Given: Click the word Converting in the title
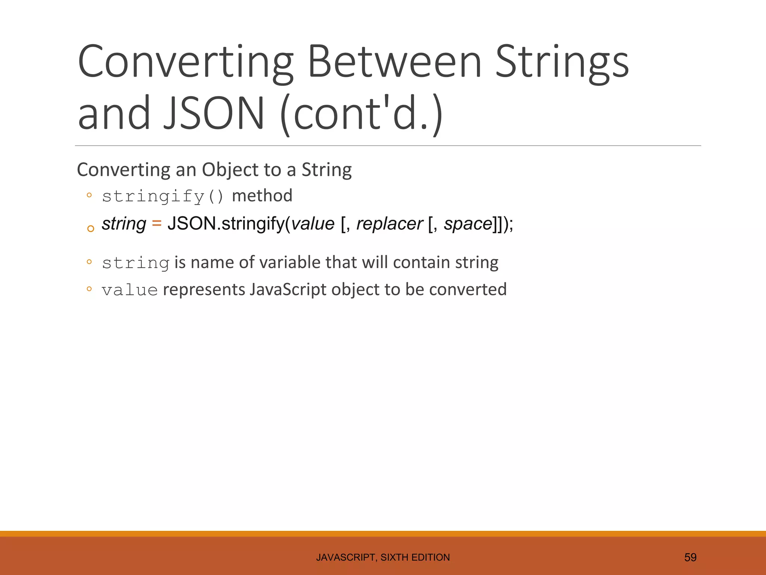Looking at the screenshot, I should pos(185,62).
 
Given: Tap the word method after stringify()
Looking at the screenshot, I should pos(262,196).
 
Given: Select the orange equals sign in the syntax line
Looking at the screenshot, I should pos(157,223).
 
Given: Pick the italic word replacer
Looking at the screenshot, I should pos(389,223).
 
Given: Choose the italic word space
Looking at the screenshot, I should pos(468,223).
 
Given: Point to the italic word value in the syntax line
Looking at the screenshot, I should pos(313,223).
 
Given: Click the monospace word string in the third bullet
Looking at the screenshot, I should pos(136,263).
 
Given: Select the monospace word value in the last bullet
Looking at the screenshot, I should pos(130,290).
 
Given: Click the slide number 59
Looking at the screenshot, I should pos(690,557).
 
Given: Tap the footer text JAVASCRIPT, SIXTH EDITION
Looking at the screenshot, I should pos(383,557).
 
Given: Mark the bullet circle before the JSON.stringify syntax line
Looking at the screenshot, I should pos(91,229).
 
